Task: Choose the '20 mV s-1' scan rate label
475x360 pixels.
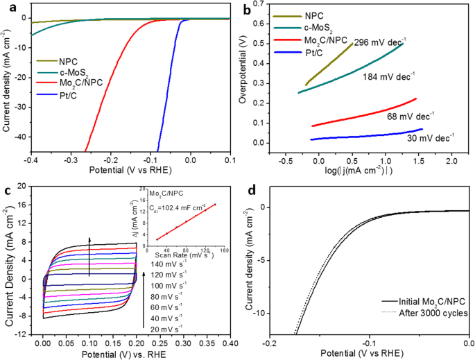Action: [x=166, y=328]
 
